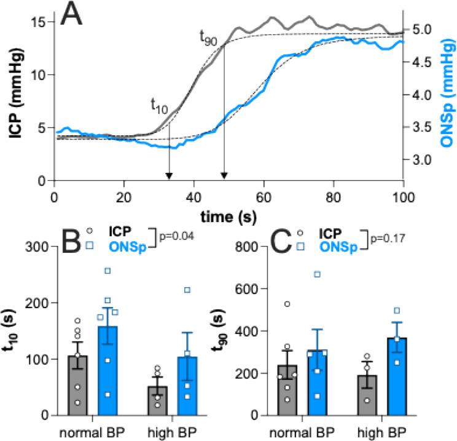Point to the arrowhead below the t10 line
(169, 177)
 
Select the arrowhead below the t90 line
(224, 177)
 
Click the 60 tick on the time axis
(264, 191)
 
